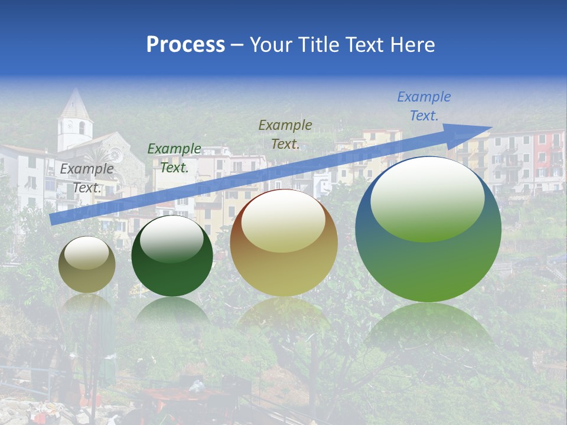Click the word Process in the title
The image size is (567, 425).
tap(185, 44)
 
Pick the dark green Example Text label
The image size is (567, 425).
tap(174, 158)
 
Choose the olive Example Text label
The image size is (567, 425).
tap(285, 134)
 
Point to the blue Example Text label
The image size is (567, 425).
tap(424, 106)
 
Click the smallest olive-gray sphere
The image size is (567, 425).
tap(87, 265)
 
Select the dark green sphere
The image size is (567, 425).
tap(172, 256)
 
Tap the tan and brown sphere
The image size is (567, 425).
tap(283, 243)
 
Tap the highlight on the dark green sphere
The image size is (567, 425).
tap(172, 238)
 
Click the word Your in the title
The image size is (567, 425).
tap(272, 45)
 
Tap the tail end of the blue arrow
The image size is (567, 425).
tap(53, 219)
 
